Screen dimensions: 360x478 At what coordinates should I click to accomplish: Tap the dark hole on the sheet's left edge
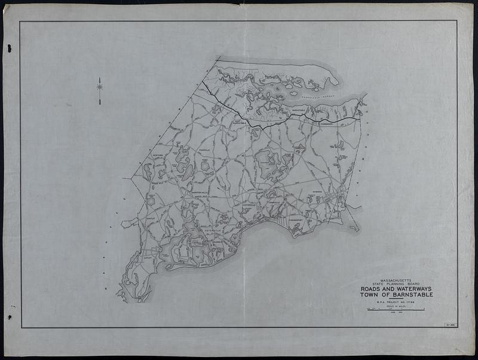pyautogui.click(x=9, y=50)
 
